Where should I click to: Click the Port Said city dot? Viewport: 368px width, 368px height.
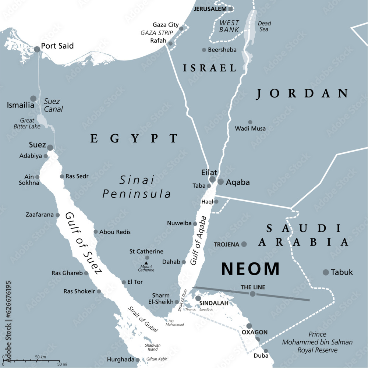tap(37, 49)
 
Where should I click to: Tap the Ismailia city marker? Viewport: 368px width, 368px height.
tap(33, 99)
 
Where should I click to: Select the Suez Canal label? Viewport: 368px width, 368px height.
tap(53, 105)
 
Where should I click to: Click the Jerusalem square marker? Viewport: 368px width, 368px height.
tap(230, 9)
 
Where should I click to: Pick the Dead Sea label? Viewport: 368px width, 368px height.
tap(264, 26)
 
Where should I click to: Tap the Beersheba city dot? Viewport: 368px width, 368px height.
tap(204, 50)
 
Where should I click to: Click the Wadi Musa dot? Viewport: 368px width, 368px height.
tap(250, 122)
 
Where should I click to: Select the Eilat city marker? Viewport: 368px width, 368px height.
tap(212, 179)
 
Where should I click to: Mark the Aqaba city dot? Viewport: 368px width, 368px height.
tap(220, 182)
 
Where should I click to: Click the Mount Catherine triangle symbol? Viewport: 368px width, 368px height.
tap(146, 263)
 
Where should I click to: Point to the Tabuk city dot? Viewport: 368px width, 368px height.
tap(326, 272)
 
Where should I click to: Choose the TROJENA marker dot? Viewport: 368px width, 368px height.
tap(244, 244)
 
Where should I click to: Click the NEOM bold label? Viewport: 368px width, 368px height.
tap(250, 269)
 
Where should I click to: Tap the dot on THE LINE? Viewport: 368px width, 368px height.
tap(252, 294)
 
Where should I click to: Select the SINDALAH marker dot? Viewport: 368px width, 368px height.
tap(198, 298)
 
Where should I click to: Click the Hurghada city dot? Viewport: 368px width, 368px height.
tap(137, 360)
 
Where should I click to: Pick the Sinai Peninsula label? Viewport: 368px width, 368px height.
tap(137, 187)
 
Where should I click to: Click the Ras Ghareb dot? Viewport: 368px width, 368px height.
tap(86, 273)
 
